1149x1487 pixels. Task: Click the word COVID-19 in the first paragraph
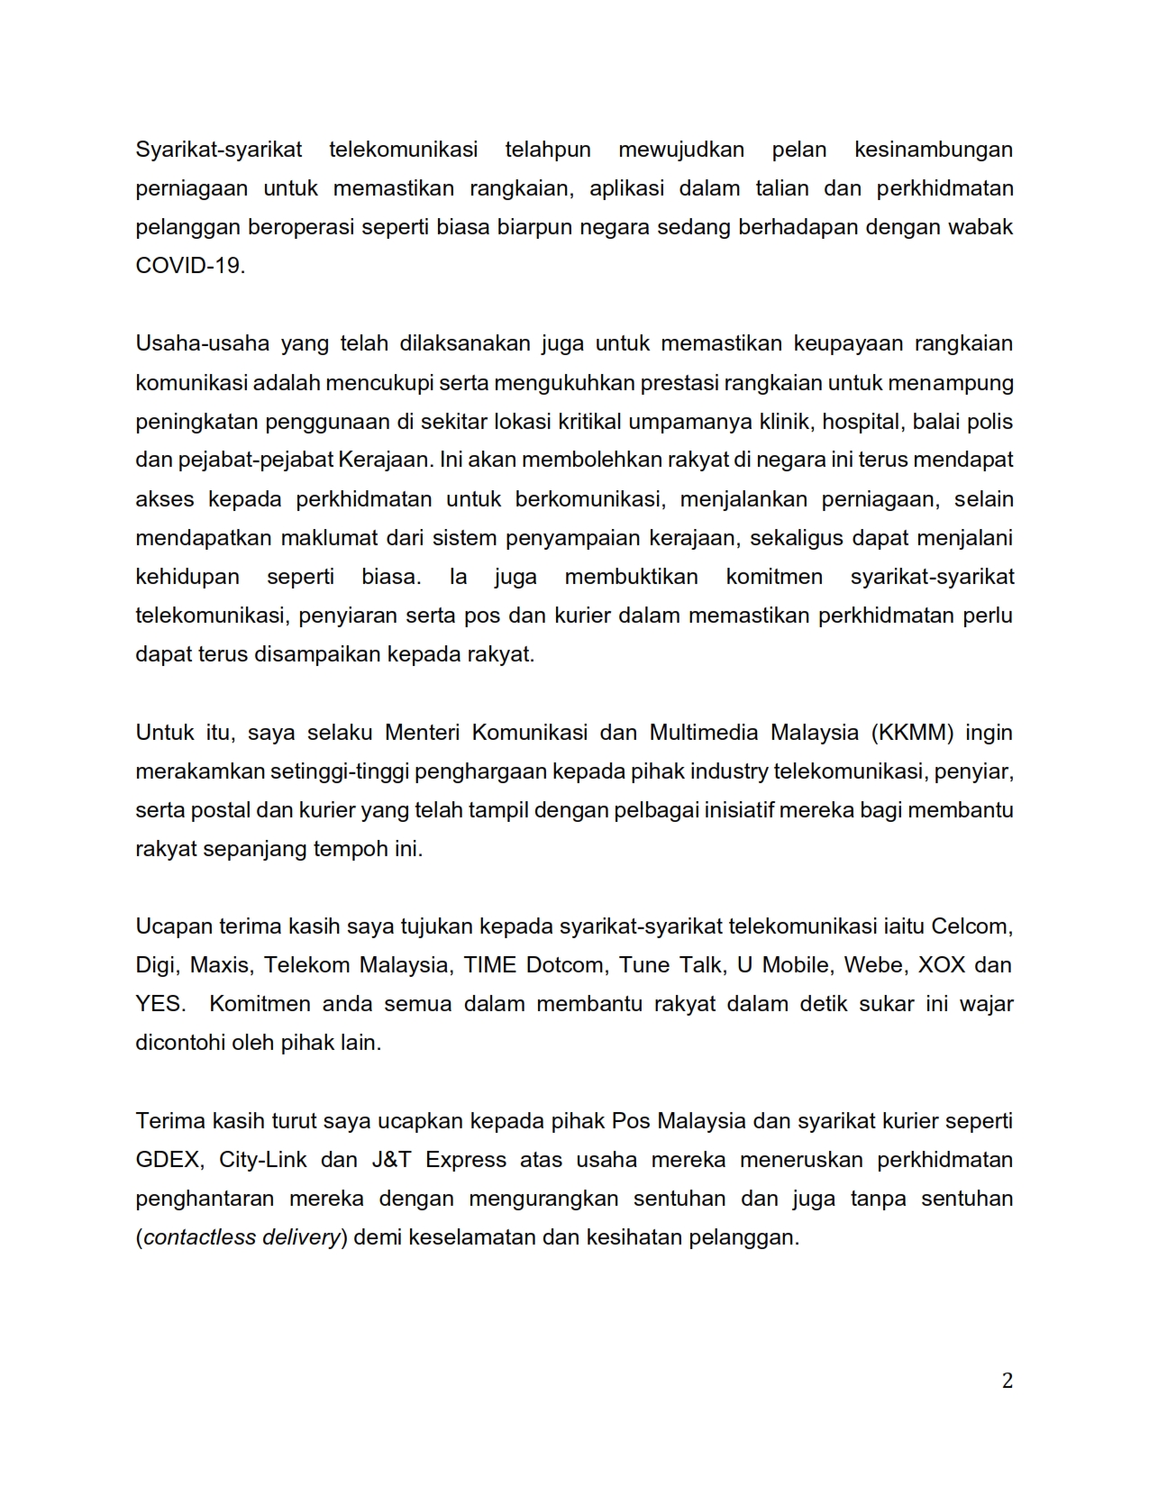click(189, 266)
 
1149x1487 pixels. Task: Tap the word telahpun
click(548, 150)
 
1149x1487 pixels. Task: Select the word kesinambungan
click(933, 150)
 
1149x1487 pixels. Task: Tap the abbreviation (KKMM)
click(912, 732)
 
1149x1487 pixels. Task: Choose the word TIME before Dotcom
click(490, 965)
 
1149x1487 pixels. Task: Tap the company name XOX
click(941, 965)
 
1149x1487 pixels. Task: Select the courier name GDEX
click(167, 1160)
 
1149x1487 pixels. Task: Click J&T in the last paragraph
click(392, 1160)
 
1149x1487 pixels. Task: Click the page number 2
click(1008, 1381)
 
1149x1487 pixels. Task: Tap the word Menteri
click(423, 732)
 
